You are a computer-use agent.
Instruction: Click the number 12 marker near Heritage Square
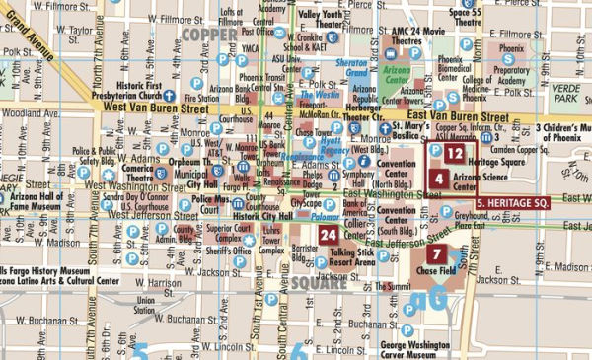(x=453, y=154)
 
